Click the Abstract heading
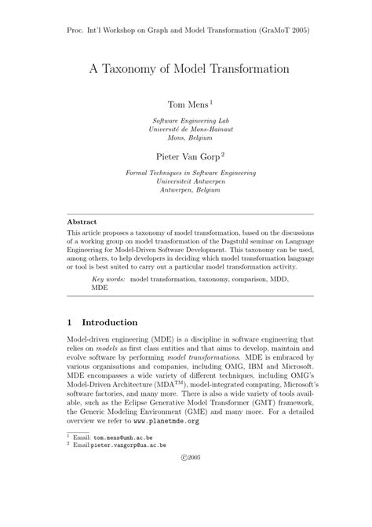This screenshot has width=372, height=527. tap(82, 221)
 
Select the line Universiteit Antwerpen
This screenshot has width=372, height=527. tap(185, 181)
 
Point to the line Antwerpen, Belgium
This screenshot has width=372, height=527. tap(185, 189)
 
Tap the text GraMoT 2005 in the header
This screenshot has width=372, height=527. tap(283, 31)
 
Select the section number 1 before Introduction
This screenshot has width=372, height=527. tap(70, 322)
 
